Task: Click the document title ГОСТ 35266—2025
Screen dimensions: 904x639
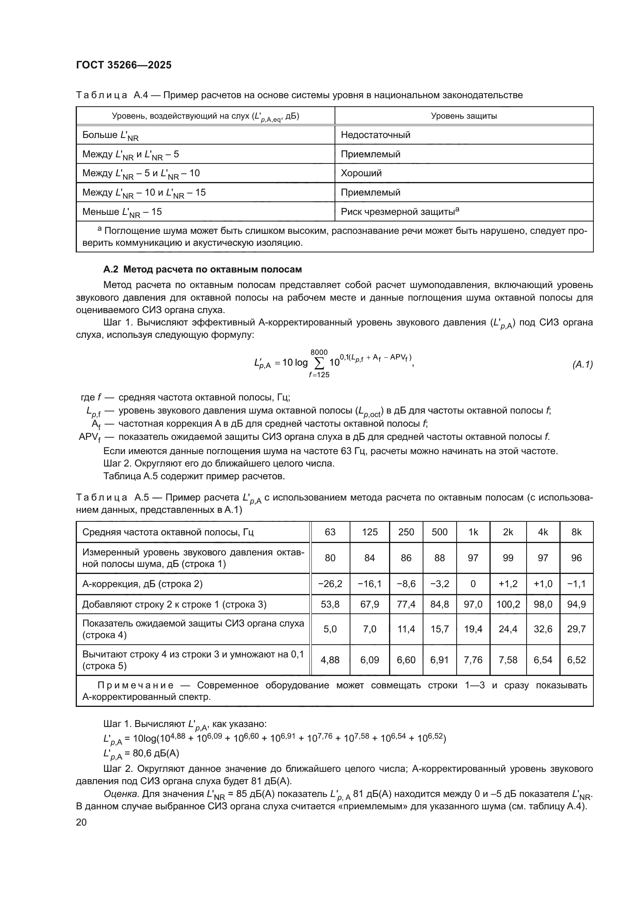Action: pyautogui.click(x=124, y=65)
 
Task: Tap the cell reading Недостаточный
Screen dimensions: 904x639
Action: pyautogui.click(x=376, y=135)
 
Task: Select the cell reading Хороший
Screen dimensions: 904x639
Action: pyautogui.click(x=361, y=173)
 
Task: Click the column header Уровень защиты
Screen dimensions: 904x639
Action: pyautogui.click(x=464, y=116)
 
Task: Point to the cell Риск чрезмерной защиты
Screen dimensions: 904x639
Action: pyautogui.click(x=400, y=212)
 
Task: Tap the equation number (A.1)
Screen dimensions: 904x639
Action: pyautogui.click(x=582, y=364)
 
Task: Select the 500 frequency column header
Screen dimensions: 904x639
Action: pyautogui.click(x=440, y=532)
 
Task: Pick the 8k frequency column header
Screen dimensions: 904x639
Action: pyautogui.click(x=576, y=532)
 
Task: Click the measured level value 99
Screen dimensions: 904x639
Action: pyautogui.click(x=508, y=558)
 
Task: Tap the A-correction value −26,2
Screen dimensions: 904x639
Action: pyautogui.click(x=330, y=584)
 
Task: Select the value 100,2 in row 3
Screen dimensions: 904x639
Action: pyautogui.click(x=508, y=604)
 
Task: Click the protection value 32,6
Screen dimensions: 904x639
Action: pyautogui.click(x=542, y=629)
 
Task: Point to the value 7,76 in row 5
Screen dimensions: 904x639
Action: pyautogui.click(x=473, y=660)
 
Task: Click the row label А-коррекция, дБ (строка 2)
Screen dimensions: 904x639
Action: pyautogui.click(x=143, y=584)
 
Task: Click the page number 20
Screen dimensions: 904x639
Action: pyautogui.click(x=82, y=822)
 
